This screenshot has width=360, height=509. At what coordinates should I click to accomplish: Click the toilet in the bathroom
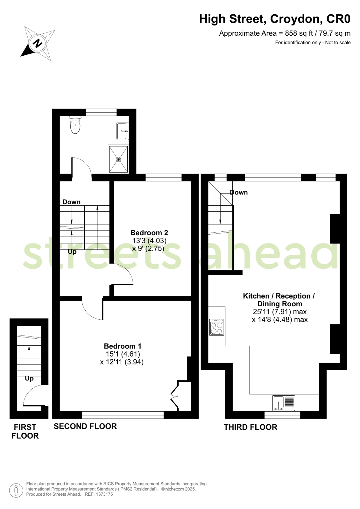tap(75, 125)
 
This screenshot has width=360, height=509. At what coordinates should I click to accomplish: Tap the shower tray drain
tap(118, 159)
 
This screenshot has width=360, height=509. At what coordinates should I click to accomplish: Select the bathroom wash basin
tap(123, 131)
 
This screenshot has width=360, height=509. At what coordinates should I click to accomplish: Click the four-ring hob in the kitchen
tap(217, 327)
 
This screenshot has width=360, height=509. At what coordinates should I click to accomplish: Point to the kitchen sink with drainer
tap(284, 403)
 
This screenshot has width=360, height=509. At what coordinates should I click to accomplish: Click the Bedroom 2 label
tap(149, 233)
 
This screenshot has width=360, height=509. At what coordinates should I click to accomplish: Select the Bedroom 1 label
tap(123, 346)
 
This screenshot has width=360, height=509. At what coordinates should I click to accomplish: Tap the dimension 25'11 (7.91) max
tap(279, 312)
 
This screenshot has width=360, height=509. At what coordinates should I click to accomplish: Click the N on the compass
tap(38, 43)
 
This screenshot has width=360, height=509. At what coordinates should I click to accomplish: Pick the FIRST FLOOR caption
tap(25, 431)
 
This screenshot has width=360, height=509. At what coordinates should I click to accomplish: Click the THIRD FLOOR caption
tap(250, 427)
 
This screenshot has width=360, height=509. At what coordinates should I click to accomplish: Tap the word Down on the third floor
tap(239, 192)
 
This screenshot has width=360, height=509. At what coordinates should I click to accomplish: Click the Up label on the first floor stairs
tap(29, 378)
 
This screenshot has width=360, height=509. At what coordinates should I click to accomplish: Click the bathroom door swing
tap(81, 166)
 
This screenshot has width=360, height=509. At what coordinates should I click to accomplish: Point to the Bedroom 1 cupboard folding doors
tap(174, 396)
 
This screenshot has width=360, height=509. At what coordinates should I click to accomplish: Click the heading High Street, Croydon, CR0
tap(274, 19)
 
